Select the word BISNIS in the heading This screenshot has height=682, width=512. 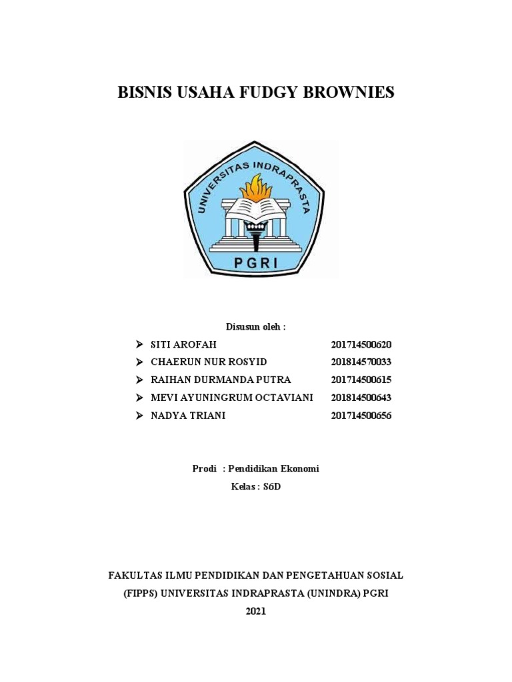click(144, 93)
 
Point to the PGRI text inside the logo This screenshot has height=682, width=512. click(256, 263)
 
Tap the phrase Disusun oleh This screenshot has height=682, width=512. click(256, 326)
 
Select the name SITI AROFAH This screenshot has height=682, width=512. click(183, 344)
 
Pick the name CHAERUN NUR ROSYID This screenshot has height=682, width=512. click(209, 362)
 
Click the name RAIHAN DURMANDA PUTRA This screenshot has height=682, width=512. click(221, 380)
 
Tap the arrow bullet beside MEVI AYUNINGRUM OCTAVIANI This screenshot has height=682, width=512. click(139, 398)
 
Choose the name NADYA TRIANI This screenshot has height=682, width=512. click(188, 416)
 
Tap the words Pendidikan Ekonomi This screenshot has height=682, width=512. click(273, 469)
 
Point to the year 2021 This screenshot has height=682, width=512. click(255, 611)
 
